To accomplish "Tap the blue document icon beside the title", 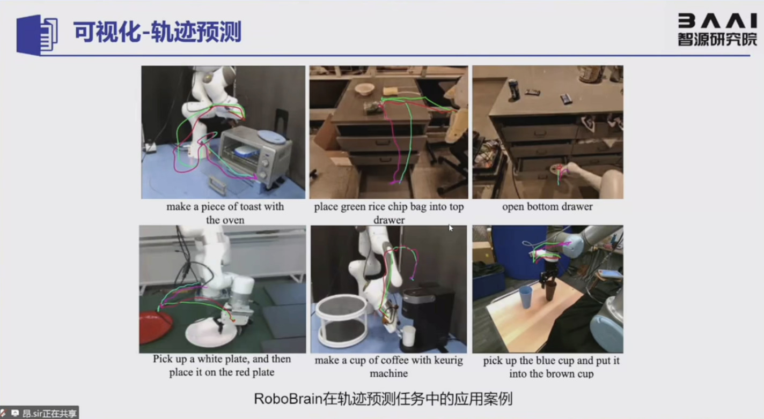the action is pos(37,34).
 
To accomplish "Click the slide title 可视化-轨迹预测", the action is pos(158,32).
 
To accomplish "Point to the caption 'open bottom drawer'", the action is pos(547,207).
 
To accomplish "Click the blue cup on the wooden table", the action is pos(526,297).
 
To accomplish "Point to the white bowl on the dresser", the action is pos(364,89).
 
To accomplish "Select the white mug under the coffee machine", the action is pos(408,335).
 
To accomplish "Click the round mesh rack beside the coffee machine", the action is pos(342,320).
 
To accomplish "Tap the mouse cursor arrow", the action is pos(451,228).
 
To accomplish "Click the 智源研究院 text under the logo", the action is pos(717,39).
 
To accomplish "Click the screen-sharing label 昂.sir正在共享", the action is pos(49,414).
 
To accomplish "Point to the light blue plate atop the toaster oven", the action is pos(271,136).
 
